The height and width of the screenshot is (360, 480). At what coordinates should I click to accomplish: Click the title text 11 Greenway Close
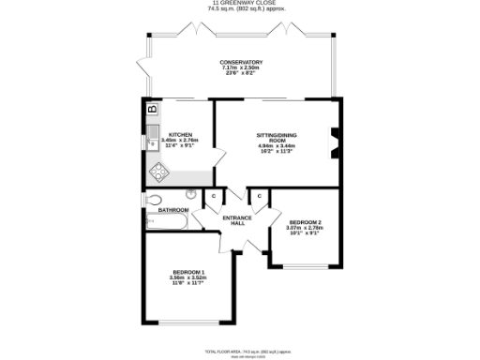[240, 4]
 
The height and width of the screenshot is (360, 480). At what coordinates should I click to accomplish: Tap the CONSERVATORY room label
[241, 63]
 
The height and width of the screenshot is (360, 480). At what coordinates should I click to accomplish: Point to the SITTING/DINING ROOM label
[277, 138]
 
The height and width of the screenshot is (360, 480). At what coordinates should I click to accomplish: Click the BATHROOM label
[172, 210]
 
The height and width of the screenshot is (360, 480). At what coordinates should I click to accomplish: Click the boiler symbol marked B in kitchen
[152, 110]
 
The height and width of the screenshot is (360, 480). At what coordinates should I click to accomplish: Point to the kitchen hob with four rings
[157, 172]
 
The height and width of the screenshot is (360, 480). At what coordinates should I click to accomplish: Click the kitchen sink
[152, 143]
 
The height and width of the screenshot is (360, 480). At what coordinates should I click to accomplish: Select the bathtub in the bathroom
[166, 222]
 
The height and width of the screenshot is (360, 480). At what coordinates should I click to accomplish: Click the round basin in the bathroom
[191, 194]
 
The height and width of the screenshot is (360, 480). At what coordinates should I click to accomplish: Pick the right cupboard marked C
[260, 195]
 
